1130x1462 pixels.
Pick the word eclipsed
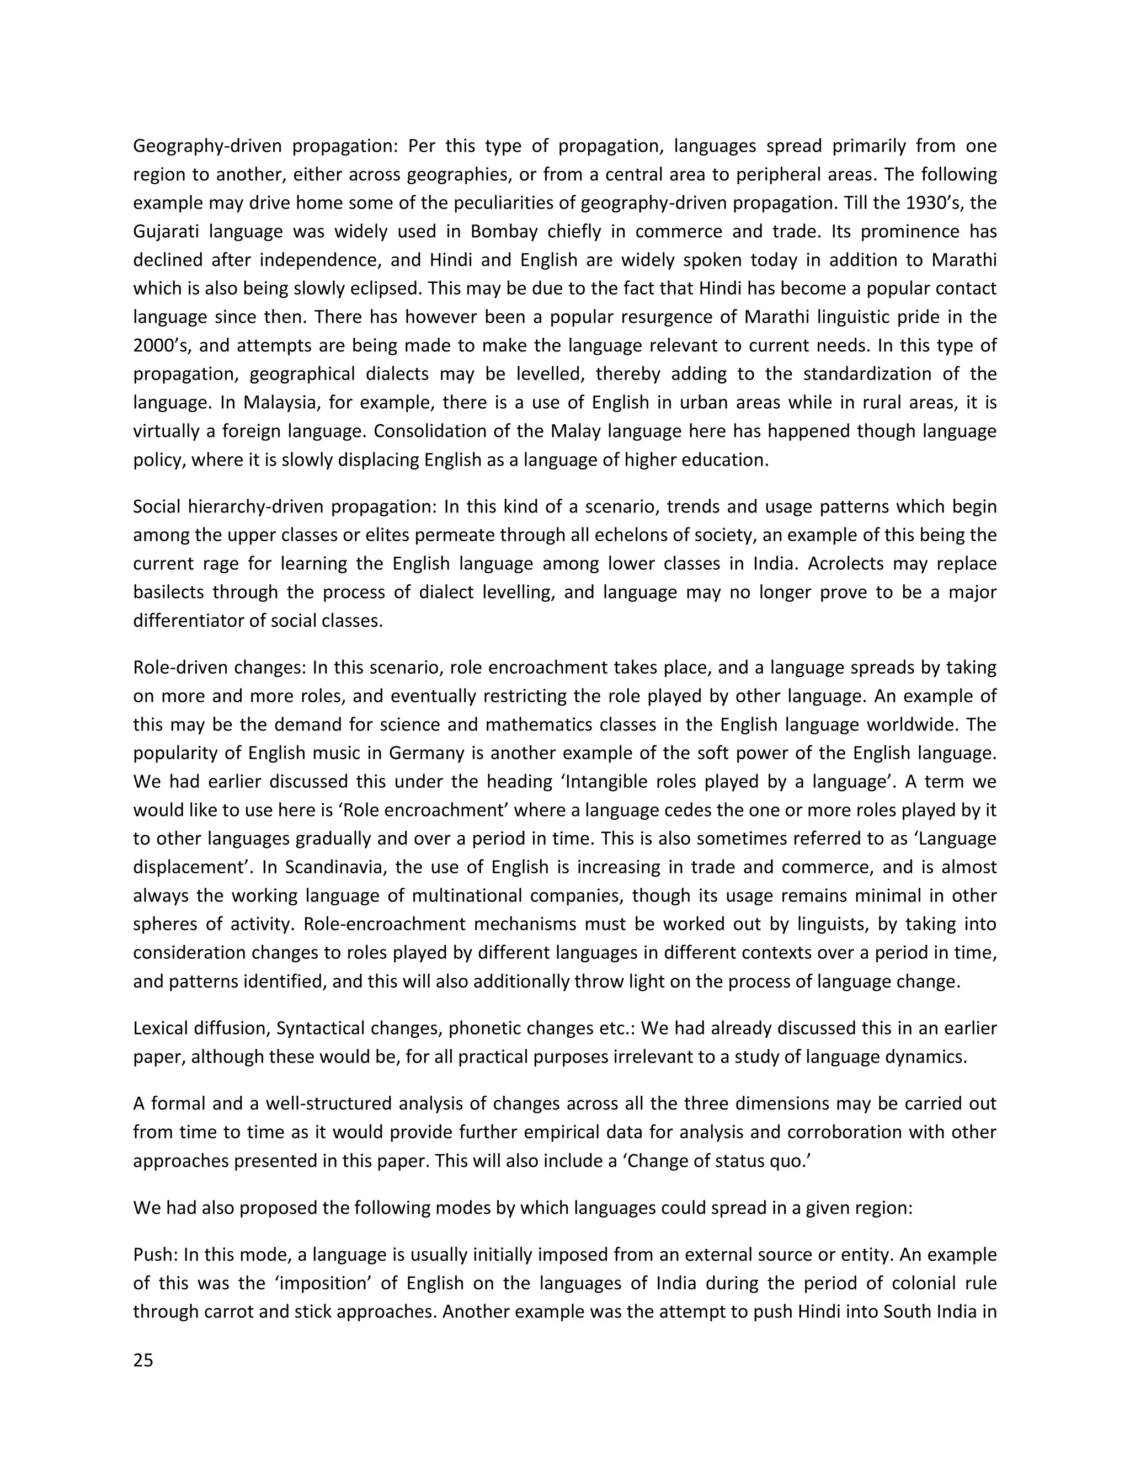(x=382, y=289)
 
